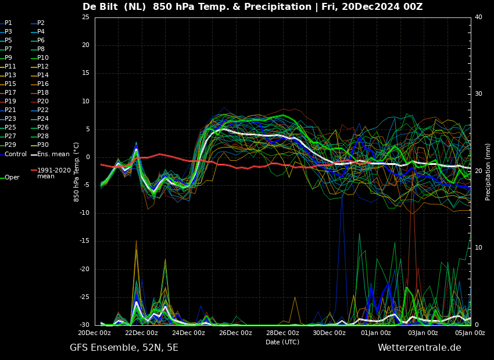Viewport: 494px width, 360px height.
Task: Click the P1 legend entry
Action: [x=6, y=23]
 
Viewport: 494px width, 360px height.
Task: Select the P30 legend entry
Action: [x=40, y=145]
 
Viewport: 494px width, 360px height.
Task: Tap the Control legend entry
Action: [x=13, y=154]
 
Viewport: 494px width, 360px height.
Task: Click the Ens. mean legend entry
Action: [x=51, y=154]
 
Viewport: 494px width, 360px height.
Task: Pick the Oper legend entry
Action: [x=10, y=178]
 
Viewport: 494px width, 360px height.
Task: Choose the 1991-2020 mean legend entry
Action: [x=51, y=173]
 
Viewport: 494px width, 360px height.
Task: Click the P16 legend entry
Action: [x=40, y=84]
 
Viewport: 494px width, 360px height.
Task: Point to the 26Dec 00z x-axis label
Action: [x=236, y=333]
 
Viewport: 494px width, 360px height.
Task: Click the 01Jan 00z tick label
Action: [x=376, y=333]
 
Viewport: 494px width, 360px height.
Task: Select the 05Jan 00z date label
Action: [x=470, y=333]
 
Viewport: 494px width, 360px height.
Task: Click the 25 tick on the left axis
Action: [x=85, y=17]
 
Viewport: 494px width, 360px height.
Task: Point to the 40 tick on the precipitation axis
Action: [x=478, y=17]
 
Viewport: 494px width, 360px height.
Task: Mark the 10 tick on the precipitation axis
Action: [x=478, y=248]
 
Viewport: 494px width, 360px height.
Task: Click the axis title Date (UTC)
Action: [x=282, y=342]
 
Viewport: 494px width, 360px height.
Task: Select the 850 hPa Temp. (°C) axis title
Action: [x=76, y=172]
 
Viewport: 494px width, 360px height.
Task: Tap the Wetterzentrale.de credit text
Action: [x=420, y=348]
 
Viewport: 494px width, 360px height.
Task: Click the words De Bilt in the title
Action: [x=100, y=6]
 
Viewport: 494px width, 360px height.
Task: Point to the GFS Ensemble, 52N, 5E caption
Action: [x=124, y=348]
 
